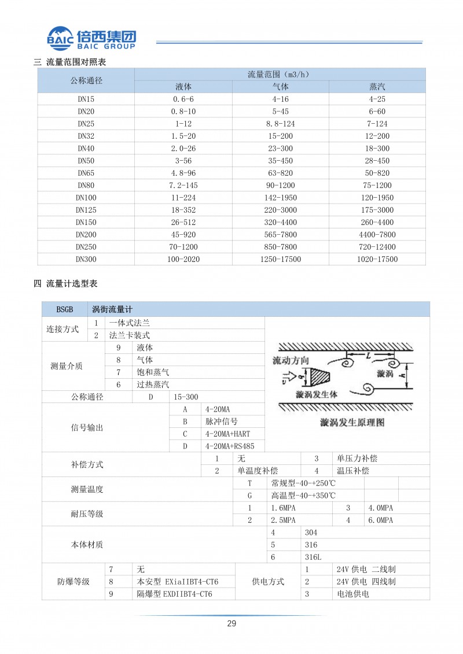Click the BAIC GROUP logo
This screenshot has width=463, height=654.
(x=91, y=38)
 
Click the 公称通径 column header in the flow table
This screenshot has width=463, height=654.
(x=86, y=80)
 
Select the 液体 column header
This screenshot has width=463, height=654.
(x=183, y=87)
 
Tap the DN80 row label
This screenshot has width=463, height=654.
(x=86, y=186)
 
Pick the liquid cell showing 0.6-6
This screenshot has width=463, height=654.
(x=183, y=99)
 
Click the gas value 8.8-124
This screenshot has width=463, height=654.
(x=280, y=124)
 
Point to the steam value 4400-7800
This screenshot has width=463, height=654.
(x=377, y=234)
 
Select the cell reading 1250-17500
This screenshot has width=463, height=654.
(x=280, y=260)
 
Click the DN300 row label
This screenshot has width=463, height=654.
(x=86, y=260)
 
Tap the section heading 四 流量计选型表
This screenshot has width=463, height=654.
(x=65, y=284)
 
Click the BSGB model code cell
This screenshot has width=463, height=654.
(x=65, y=310)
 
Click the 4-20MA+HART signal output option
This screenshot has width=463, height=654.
(x=227, y=434)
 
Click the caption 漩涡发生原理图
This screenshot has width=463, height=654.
(x=352, y=423)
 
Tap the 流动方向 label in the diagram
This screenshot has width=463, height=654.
(x=291, y=361)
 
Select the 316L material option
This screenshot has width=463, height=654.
(x=313, y=557)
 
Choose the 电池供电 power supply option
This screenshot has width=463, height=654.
(x=352, y=594)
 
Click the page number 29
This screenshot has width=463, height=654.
(x=231, y=624)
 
